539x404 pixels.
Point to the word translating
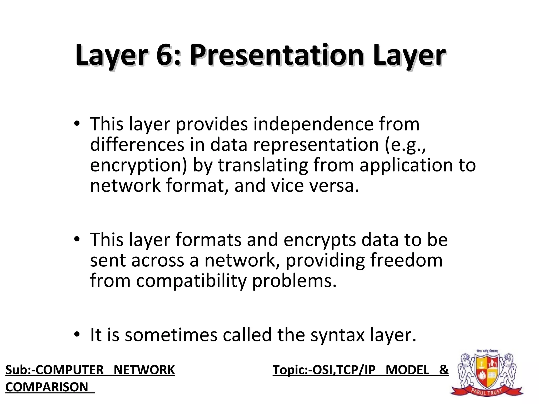[x=263, y=166]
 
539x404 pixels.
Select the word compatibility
[x=191, y=281]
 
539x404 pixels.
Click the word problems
[x=294, y=281]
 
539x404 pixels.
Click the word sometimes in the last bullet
[x=171, y=335]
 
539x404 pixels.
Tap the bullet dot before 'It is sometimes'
[x=77, y=335]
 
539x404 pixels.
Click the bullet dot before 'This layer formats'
[x=77, y=239]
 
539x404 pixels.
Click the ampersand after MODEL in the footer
[x=444, y=370]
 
